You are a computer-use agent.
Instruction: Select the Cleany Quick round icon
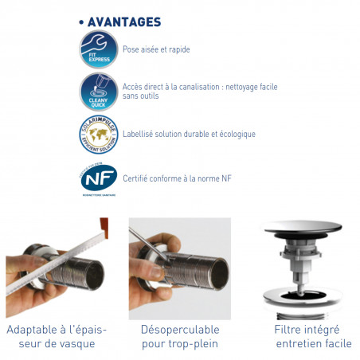click(x=98, y=92)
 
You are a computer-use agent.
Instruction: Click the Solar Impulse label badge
click(x=97, y=133)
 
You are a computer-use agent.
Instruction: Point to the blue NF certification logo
click(x=97, y=176)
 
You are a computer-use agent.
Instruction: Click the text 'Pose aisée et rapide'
click(x=155, y=49)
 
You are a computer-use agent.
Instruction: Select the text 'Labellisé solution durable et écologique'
click(x=189, y=134)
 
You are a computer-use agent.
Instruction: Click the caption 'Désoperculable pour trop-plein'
click(x=179, y=335)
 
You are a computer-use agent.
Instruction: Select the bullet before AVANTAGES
click(x=82, y=22)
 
